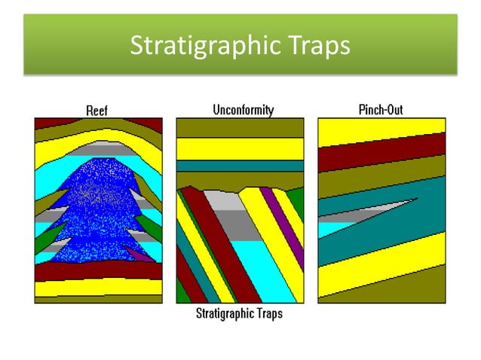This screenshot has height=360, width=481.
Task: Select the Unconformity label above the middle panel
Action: coord(242,110)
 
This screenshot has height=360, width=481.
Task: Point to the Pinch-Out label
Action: coord(381,110)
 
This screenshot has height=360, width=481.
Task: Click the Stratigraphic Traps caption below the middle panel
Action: coord(239,313)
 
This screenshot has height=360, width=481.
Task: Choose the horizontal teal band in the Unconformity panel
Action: coord(240,166)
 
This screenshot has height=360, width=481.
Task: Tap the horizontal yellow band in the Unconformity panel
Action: coord(240,148)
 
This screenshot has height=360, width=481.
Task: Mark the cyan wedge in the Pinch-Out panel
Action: coord(332,227)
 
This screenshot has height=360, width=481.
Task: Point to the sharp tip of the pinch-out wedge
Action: coord(417,199)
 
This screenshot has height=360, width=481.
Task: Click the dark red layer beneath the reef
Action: coord(98,270)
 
